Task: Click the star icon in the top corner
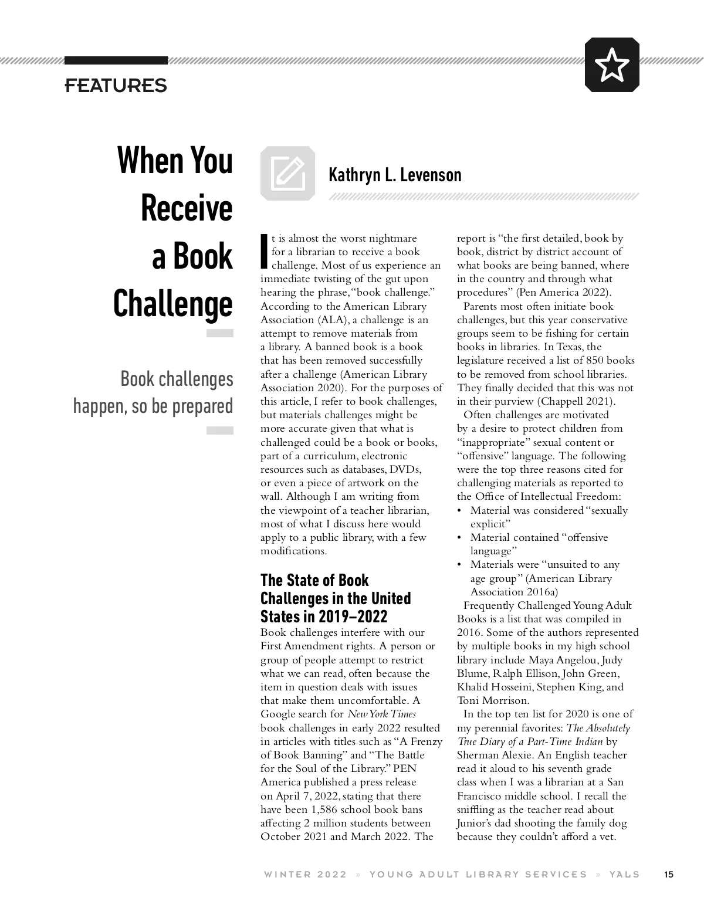pyautogui.click(x=612, y=65)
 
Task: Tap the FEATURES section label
pyautogui.click(x=116, y=86)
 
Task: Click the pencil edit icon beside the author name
pyautogui.click(x=287, y=173)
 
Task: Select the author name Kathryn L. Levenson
pyautogui.click(x=395, y=175)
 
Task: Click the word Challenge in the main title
pyautogui.click(x=173, y=304)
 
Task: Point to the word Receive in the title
pyautogui.click(x=187, y=208)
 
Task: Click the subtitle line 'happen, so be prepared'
pyautogui.click(x=153, y=406)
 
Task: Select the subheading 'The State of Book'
pyautogui.click(x=314, y=580)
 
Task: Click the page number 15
pyautogui.click(x=668, y=875)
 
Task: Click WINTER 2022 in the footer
pyautogui.click(x=305, y=875)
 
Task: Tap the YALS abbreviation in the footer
pyautogui.click(x=624, y=875)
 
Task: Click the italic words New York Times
pyautogui.click(x=381, y=714)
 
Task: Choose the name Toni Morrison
pyautogui.click(x=493, y=700)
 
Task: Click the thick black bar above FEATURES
pyautogui.click(x=116, y=60)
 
